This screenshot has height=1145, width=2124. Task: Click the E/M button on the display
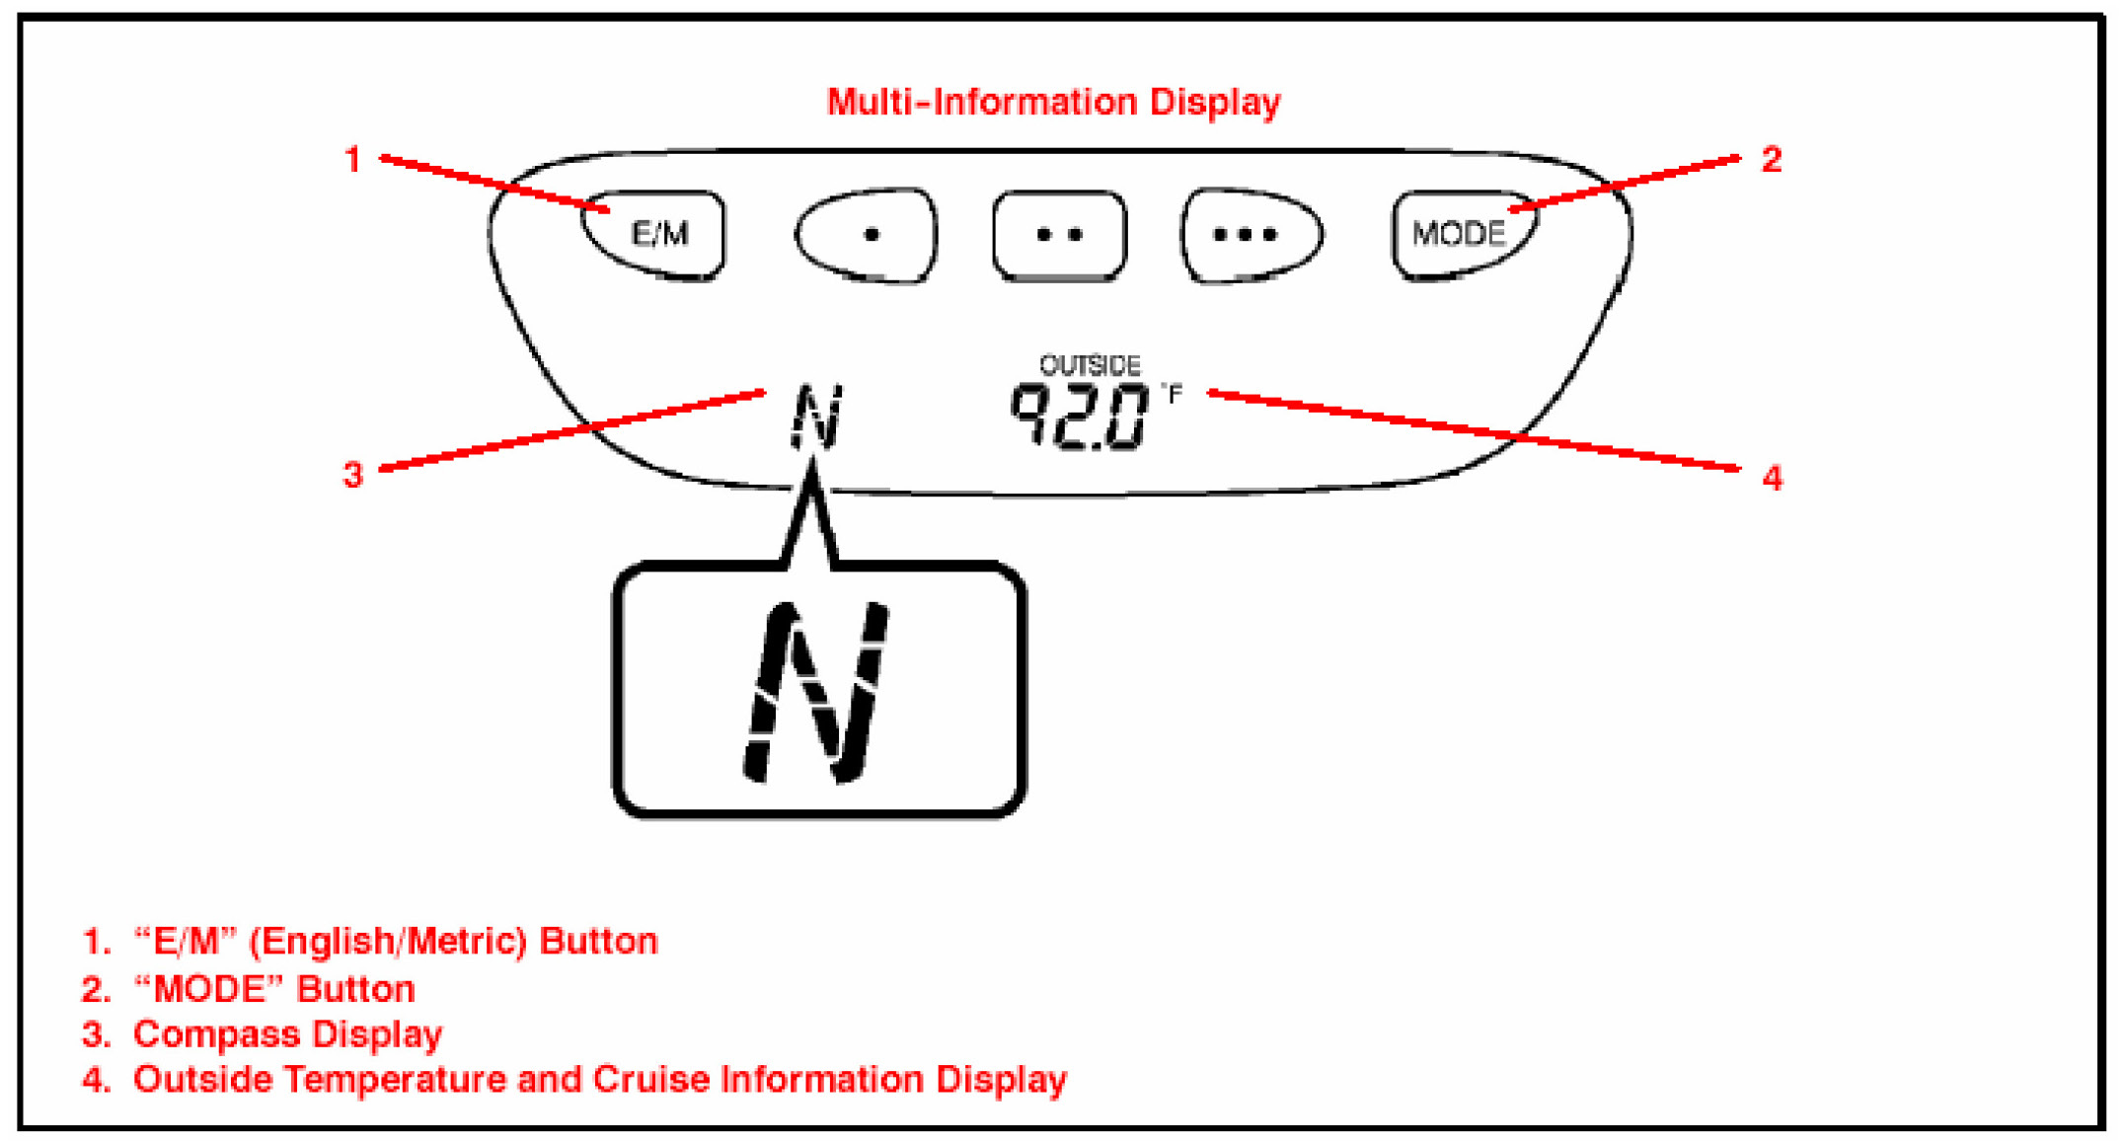click(x=656, y=235)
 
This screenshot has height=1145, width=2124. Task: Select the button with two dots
click(x=1059, y=235)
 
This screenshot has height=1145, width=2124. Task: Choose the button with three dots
click(x=1249, y=235)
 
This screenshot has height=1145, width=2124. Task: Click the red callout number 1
click(x=352, y=160)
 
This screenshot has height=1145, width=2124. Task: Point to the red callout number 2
click(x=1771, y=160)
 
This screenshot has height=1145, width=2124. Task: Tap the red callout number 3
click(x=352, y=476)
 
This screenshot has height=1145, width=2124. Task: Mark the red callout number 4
click(x=1772, y=479)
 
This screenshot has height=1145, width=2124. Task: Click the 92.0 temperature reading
click(x=1079, y=417)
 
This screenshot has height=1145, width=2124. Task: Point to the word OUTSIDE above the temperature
click(x=1090, y=366)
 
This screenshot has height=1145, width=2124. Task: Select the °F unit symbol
click(x=1172, y=395)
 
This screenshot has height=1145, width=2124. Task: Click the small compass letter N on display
click(x=816, y=417)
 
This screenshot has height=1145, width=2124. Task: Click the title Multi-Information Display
click(x=1053, y=102)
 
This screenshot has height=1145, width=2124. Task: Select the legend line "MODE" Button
click(x=249, y=989)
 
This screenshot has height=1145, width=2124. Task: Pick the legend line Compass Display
click(x=263, y=1034)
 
